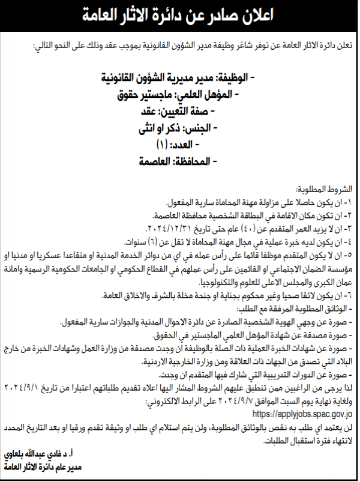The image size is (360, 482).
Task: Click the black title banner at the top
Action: [x=180, y=16]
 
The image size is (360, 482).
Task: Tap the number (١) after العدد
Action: [x=161, y=145]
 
